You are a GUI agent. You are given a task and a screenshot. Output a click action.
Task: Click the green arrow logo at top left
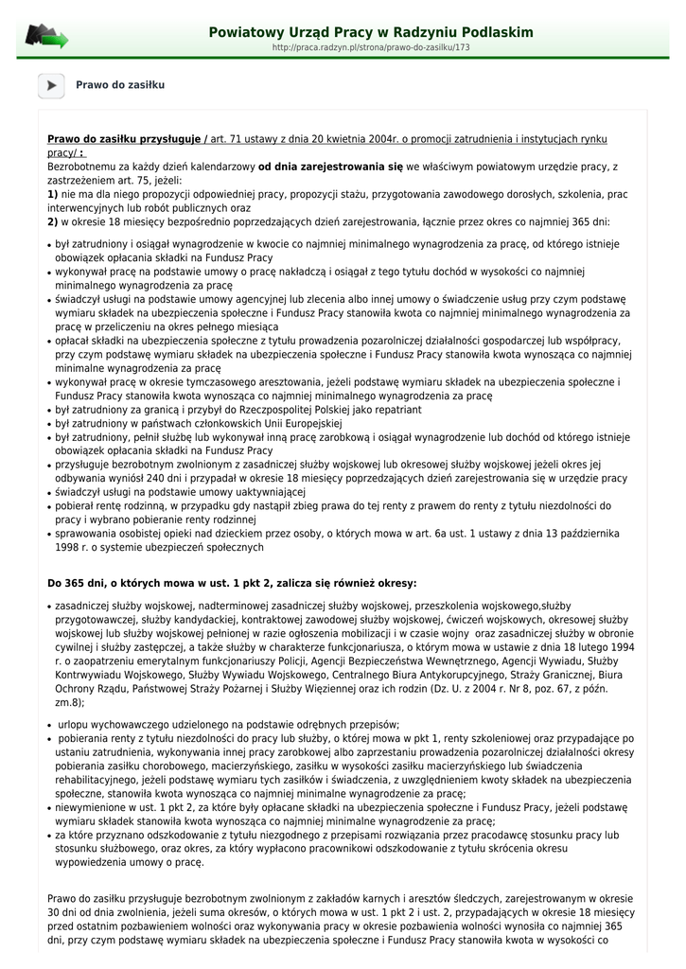point(46,37)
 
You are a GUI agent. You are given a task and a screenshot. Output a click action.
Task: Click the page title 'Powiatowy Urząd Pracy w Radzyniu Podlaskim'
point(371,32)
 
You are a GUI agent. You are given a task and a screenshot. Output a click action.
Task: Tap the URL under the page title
point(371,47)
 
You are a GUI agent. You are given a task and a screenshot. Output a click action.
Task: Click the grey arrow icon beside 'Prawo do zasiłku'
point(50,85)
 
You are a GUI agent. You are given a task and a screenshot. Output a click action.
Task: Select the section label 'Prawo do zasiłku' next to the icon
point(120,85)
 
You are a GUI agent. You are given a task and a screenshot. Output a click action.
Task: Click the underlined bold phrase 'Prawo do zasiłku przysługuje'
point(124,139)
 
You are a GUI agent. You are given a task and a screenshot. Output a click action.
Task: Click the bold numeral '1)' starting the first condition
point(53,194)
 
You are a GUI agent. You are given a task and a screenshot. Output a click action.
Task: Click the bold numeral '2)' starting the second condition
point(53,221)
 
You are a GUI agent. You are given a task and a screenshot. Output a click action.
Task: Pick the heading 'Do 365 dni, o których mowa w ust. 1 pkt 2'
point(232,583)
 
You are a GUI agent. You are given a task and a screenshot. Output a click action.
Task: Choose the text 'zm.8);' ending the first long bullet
point(70,703)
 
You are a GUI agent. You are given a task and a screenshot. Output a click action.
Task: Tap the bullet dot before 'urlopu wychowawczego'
point(49,725)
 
